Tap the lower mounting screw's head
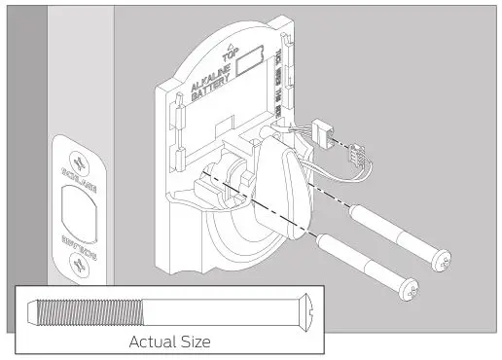pyautogui.click(x=412, y=290)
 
